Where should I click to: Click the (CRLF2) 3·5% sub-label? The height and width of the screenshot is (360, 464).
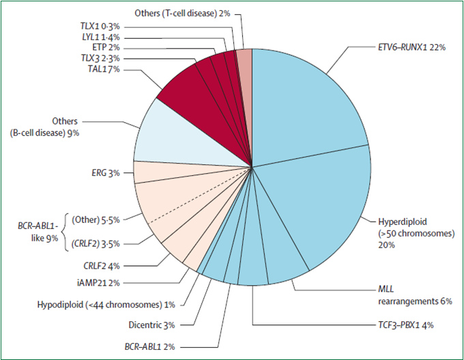click(x=94, y=241)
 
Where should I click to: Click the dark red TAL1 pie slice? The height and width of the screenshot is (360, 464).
click(x=191, y=89)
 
